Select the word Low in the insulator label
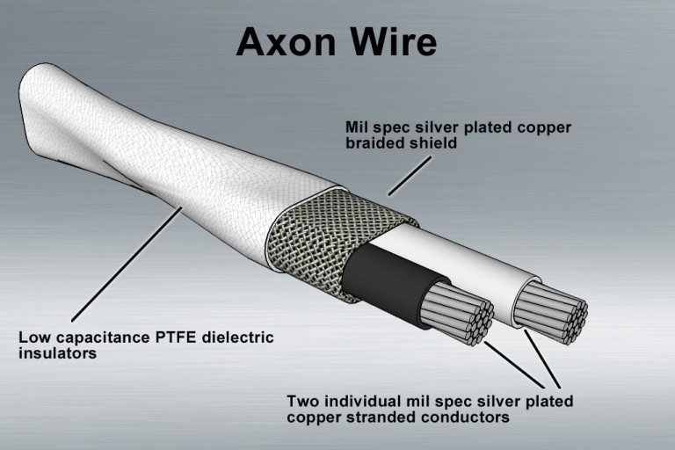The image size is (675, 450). coord(33,338)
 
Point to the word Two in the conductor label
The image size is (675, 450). coord(302,402)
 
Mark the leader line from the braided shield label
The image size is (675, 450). coord(409,175)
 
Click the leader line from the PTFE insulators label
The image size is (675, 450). coord(123,265)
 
